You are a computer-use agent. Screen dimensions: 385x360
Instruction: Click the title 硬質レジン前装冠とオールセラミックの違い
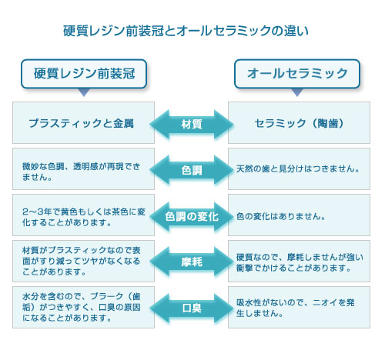coord(186,31)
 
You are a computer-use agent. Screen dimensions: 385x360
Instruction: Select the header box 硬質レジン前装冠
coord(84,74)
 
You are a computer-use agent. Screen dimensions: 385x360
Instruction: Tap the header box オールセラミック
coord(297,74)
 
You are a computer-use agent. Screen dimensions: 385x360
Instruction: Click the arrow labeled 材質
coord(192,124)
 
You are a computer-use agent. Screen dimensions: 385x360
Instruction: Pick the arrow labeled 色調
coord(192,170)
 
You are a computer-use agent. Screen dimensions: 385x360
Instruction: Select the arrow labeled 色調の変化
coord(192,216)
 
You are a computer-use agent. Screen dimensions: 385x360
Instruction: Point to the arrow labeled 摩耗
coord(192,262)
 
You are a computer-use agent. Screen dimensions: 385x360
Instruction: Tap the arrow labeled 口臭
coord(192,308)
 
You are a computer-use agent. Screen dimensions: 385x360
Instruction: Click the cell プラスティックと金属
coord(83,123)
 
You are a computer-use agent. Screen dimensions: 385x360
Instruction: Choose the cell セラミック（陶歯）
coord(299,123)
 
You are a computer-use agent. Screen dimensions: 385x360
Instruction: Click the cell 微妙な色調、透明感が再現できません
coord(83,169)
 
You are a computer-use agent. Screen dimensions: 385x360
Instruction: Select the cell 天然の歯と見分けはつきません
coord(299,169)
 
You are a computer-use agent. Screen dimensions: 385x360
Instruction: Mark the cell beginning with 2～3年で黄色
coord(83,215)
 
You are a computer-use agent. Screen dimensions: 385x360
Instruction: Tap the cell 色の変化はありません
coord(299,215)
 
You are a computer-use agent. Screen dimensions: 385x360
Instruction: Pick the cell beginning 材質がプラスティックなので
coord(83,262)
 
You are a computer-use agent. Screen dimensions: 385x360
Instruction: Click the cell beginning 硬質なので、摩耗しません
coord(299,262)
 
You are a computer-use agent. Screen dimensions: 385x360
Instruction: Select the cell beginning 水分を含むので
coord(83,308)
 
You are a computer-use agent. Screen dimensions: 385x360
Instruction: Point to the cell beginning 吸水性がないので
coord(299,308)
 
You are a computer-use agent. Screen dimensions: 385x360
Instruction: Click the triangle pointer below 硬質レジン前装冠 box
coord(84,92)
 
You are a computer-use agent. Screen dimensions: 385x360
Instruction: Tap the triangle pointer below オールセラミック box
coord(297,92)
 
